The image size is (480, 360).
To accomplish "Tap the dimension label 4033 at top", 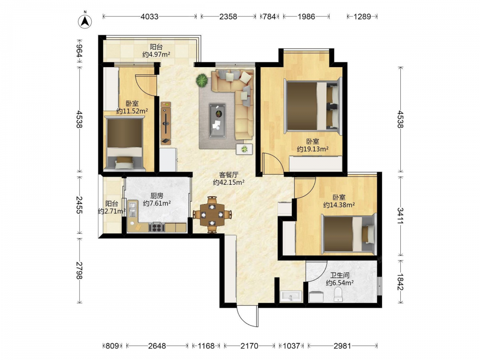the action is (x=149, y=16).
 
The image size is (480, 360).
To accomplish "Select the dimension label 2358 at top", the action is (x=228, y=16).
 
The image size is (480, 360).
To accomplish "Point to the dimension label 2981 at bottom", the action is (x=342, y=346).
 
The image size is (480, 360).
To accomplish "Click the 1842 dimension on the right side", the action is (x=400, y=282).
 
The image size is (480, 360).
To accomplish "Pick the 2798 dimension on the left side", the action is (x=79, y=270).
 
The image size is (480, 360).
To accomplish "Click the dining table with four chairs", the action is (x=212, y=215).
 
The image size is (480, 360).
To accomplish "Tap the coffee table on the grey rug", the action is (x=217, y=120).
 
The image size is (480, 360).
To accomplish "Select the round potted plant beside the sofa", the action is (x=202, y=80).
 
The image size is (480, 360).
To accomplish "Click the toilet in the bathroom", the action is (x=338, y=295).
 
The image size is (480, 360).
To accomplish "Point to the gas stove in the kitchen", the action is (x=157, y=228).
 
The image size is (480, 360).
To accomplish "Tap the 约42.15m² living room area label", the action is (x=228, y=182).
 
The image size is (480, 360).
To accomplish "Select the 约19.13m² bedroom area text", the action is (x=313, y=149).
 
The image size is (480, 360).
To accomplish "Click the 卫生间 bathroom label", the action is (x=340, y=275).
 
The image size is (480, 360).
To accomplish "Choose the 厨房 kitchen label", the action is (x=157, y=196).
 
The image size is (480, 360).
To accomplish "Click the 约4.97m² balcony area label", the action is (x=156, y=55).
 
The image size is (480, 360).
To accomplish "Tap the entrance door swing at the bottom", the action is (x=247, y=316).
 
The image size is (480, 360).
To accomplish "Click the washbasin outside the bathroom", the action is (x=291, y=296).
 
